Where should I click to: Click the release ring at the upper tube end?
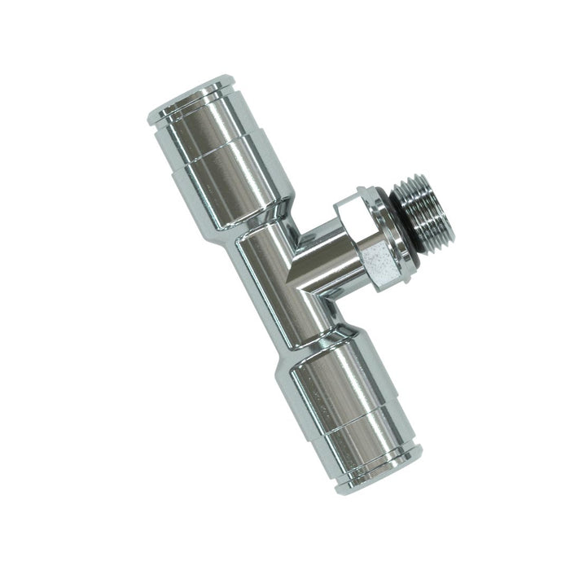coord(186,96)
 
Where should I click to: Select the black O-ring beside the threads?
coord(398,232)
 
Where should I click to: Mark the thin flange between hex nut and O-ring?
coord(388,236)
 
